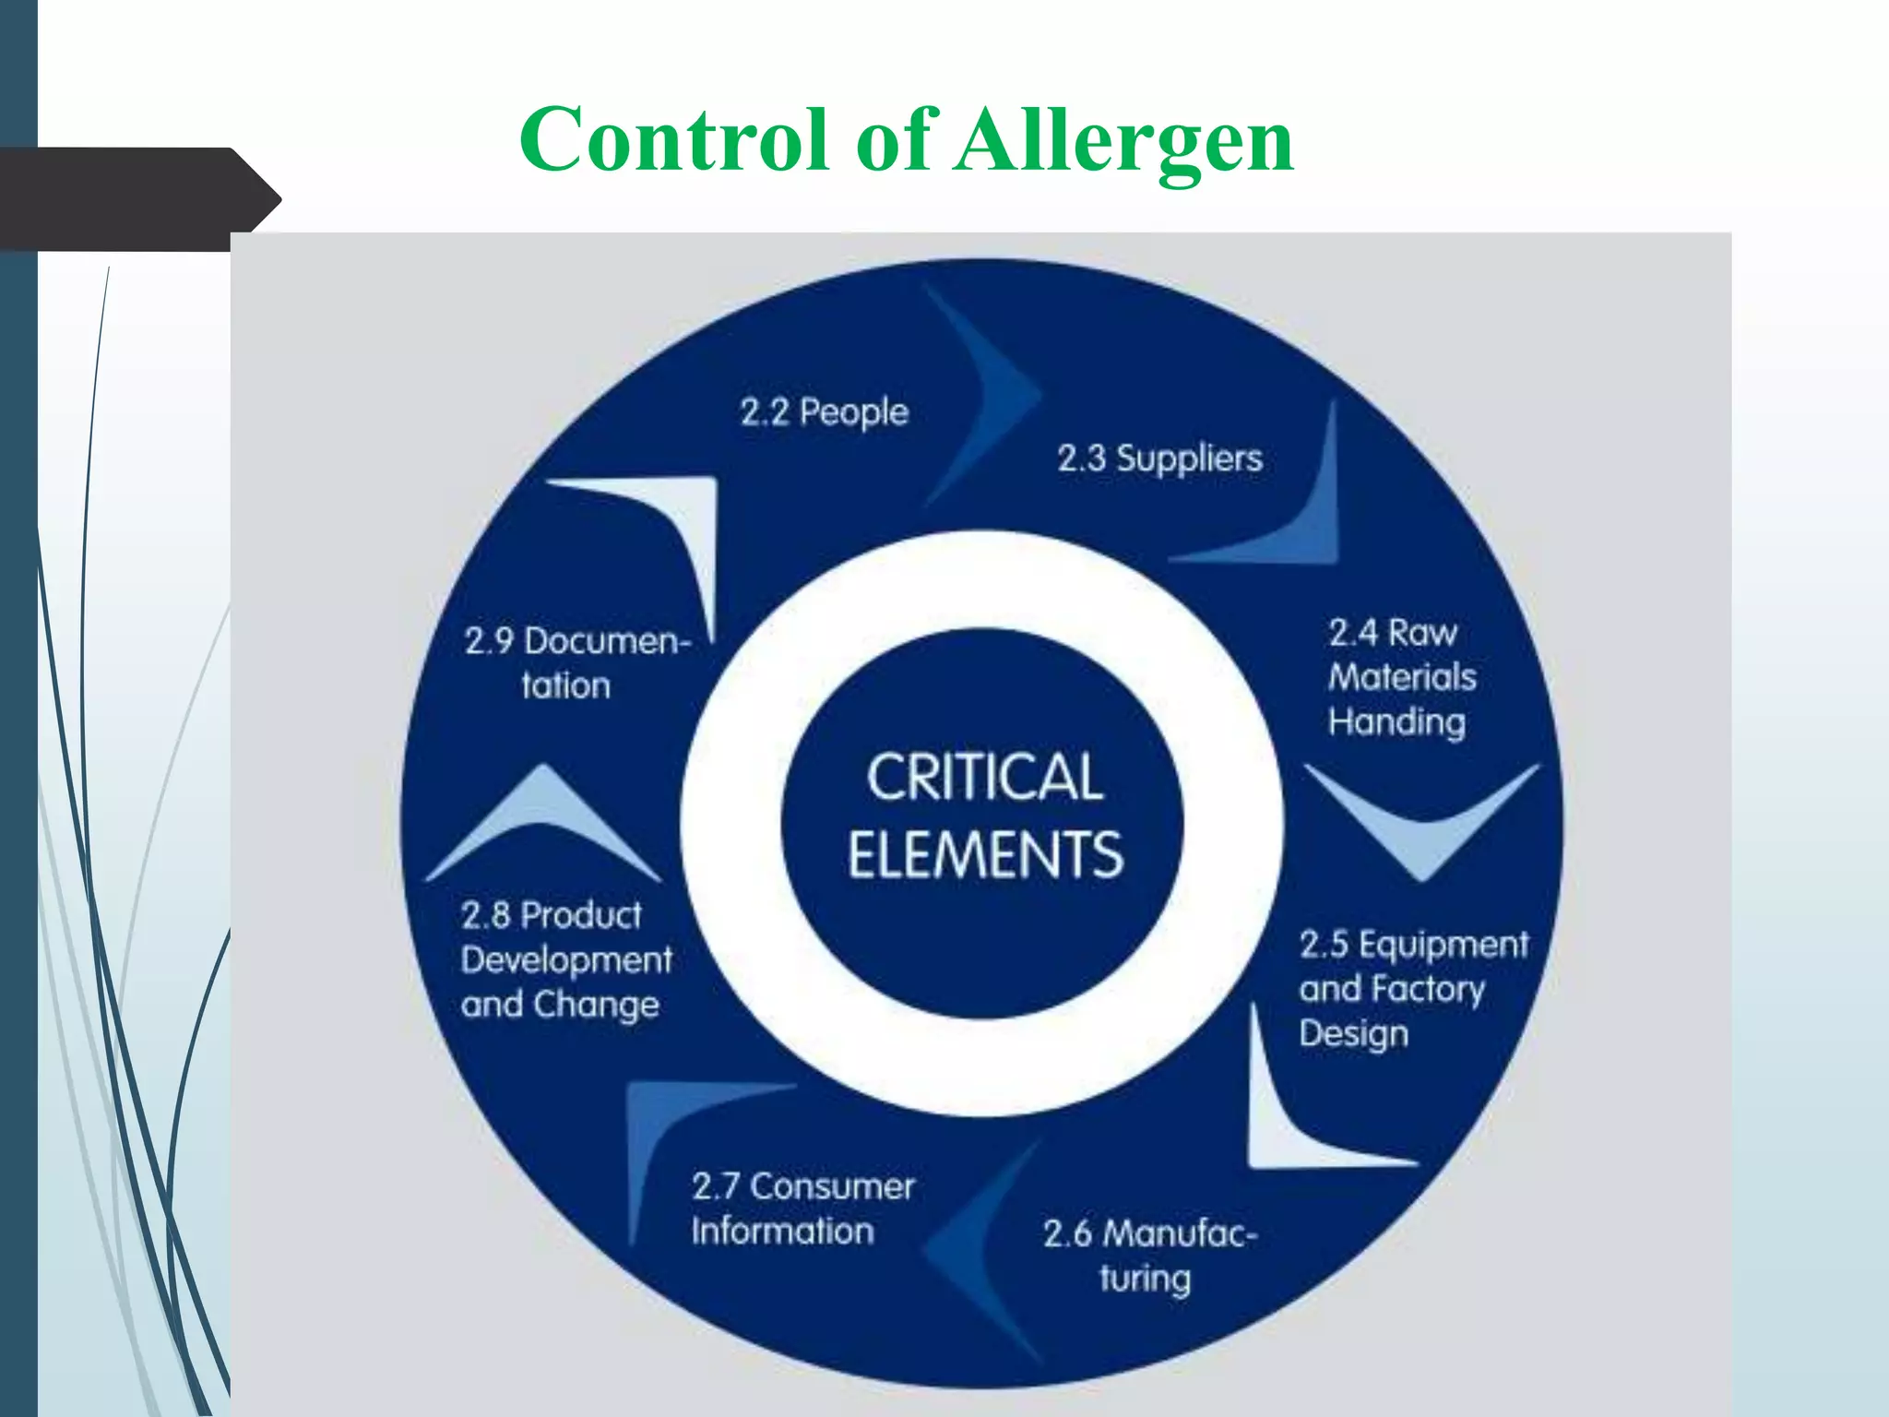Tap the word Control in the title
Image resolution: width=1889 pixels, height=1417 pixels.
coord(673,140)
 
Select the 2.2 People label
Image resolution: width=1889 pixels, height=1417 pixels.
coord(824,411)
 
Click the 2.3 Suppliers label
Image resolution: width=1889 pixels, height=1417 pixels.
coord(1159,458)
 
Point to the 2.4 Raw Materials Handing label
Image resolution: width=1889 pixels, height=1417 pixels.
coord(1400,677)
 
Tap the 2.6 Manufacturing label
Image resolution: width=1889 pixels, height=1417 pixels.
coord(1148,1255)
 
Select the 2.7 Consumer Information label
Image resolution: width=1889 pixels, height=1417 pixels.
coord(802,1208)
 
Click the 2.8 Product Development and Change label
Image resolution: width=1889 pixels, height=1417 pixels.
coord(565,959)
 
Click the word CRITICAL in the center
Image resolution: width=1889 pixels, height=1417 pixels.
coord(984,777)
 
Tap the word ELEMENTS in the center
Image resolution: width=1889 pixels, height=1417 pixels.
coord(985,854)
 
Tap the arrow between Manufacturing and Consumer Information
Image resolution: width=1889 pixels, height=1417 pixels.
coord(978,1245)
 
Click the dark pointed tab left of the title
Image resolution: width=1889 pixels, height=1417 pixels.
coord(138,198)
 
